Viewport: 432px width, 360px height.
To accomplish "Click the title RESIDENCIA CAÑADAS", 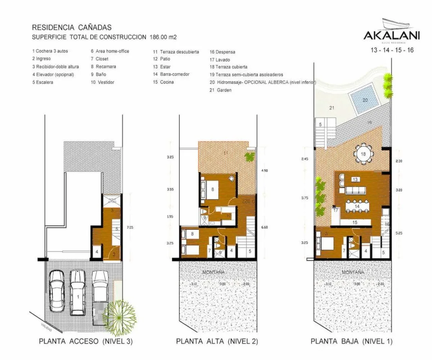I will (72, 27).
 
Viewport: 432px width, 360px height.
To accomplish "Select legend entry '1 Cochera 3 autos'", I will (50, 51).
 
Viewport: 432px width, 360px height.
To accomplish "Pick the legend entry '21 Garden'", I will (220, 90).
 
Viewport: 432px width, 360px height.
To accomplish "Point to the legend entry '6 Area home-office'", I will (110, 51).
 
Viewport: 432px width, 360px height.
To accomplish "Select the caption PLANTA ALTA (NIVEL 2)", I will (217, 341).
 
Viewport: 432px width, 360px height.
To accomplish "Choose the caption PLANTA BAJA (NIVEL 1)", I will (352, 341).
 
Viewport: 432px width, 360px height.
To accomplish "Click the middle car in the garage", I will (78, 288).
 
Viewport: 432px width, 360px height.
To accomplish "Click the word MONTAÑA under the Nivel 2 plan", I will (213, 272).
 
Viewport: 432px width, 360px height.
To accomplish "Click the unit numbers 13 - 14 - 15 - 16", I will (392, 50).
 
